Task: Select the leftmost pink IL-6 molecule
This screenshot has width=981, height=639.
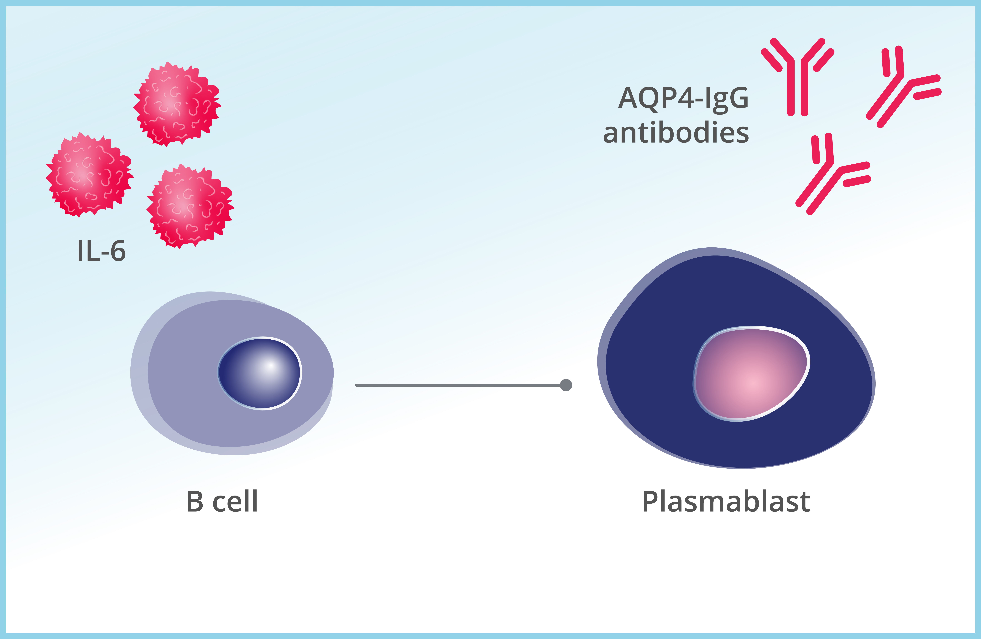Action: click(x=89, y=175)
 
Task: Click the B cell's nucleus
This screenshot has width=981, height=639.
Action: click(x=260, y=373)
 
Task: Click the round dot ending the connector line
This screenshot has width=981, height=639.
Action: click(x=566, y=385)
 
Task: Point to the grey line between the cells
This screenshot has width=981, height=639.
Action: click(x=457, y=385)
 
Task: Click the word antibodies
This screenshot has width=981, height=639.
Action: click(x=676, y=133)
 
